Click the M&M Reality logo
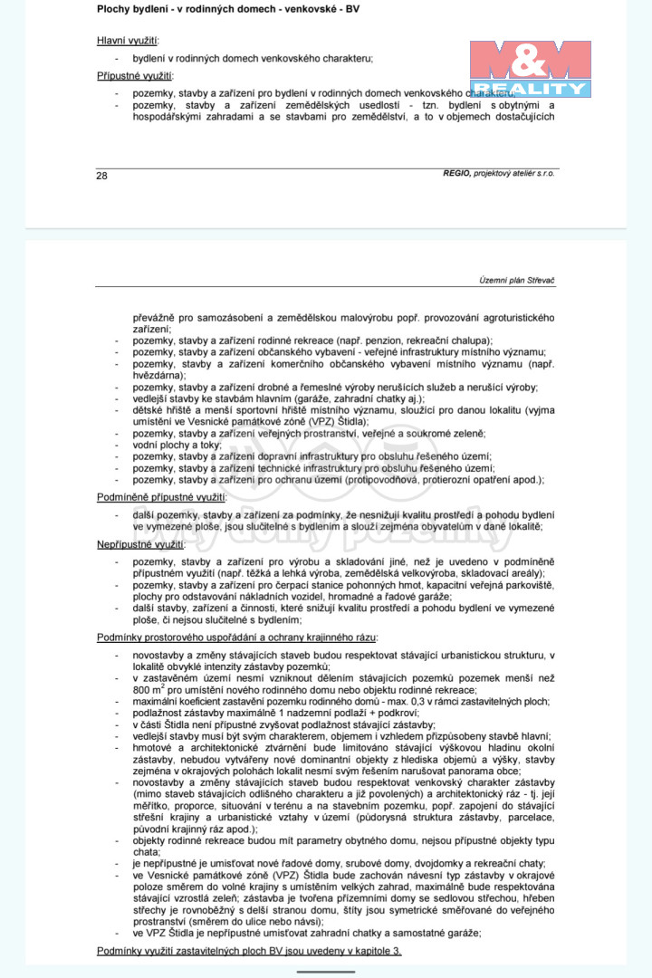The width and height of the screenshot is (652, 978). [x=530, y=69]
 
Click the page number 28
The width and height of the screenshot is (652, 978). [x=101, y=176]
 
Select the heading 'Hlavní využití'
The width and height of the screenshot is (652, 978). [x=127, y=41]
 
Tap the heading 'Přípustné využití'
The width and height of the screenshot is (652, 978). [x=135, y=75]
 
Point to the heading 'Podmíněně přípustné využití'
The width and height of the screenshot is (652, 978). [x=161, y=497]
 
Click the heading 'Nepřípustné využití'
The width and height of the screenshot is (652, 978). [x=140, y=544]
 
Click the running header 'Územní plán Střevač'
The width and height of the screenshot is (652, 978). [x=516, y=281]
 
